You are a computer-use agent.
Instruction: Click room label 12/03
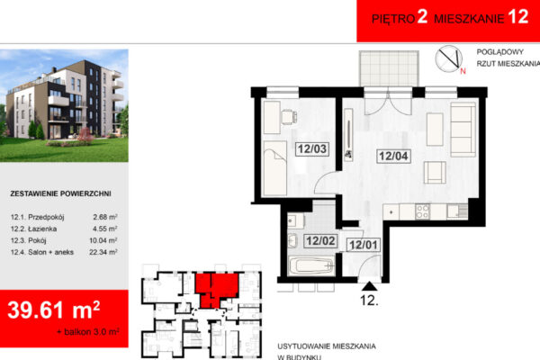pyautogui.click(x=312, y=148)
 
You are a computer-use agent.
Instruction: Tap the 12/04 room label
pyautogui.click(x=393, y=156)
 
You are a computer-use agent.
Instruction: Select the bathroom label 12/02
pyautogui.click(x=320, y=240)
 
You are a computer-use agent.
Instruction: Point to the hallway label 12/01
pyautogui.click(x=364, y=245)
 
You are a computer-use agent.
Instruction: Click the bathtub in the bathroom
pyautogui.click(x=311, y=265)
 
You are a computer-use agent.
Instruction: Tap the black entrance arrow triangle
pyautogui.click(x=369, y=286)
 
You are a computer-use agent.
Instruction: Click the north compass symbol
pyautogui.click(x=449, y=58)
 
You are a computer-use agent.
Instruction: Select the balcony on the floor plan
pyautogui.click(x=389, y=68)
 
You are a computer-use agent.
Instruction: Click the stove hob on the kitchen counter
pyautogui.click(x=422, y=211)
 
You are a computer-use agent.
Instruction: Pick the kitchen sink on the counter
pyautogui.click(x=457, y=211)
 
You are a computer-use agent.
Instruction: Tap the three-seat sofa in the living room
pyautogui.click(x=463, y=130)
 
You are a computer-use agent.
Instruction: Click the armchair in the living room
pyautogui.click(x=435, y=172)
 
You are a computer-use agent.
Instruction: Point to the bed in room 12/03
pyautogui.click(x=274, y=168)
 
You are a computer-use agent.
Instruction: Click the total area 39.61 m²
pyautogui.click(x=54, y=310)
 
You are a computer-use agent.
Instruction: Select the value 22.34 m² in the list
pyautogui.click(x=103, y=252)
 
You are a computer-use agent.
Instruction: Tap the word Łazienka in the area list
pyautogui.click(x=42, y=229)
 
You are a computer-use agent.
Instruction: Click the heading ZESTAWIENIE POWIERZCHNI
pyautogui.click(x=60, y=193)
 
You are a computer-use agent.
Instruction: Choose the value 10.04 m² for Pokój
pyautogui.click(x=103, y=240)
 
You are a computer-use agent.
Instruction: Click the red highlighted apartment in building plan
pyautogui.click(x=217, y=289)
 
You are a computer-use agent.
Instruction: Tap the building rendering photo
pyautogui.click(x=64, y=105)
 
